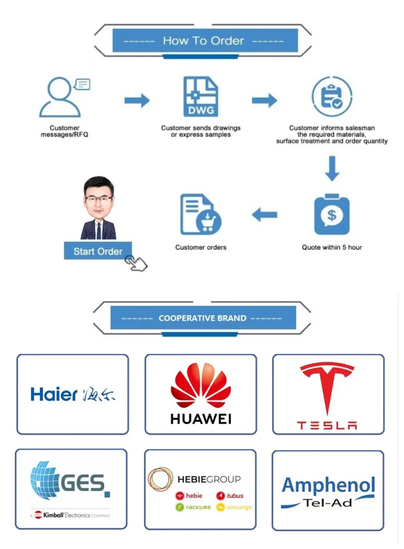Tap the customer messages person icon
[x=60, y=98]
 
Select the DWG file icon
[x=201, y=97]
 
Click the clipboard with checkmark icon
[x=332, y=96]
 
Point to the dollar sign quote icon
[x=332, y=215]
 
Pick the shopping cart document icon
[x=201, y=215]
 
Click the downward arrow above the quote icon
[x=332, y=168]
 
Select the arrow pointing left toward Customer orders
[x=265, y=215]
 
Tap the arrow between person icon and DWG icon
[x=137, y=101]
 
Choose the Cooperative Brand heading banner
[x=203, y=318]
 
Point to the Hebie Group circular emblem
[x=160, y=479]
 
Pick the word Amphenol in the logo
[x=328, y=486]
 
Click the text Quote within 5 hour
[x=332, y=247]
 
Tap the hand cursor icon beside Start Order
[x=136, y=263]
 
